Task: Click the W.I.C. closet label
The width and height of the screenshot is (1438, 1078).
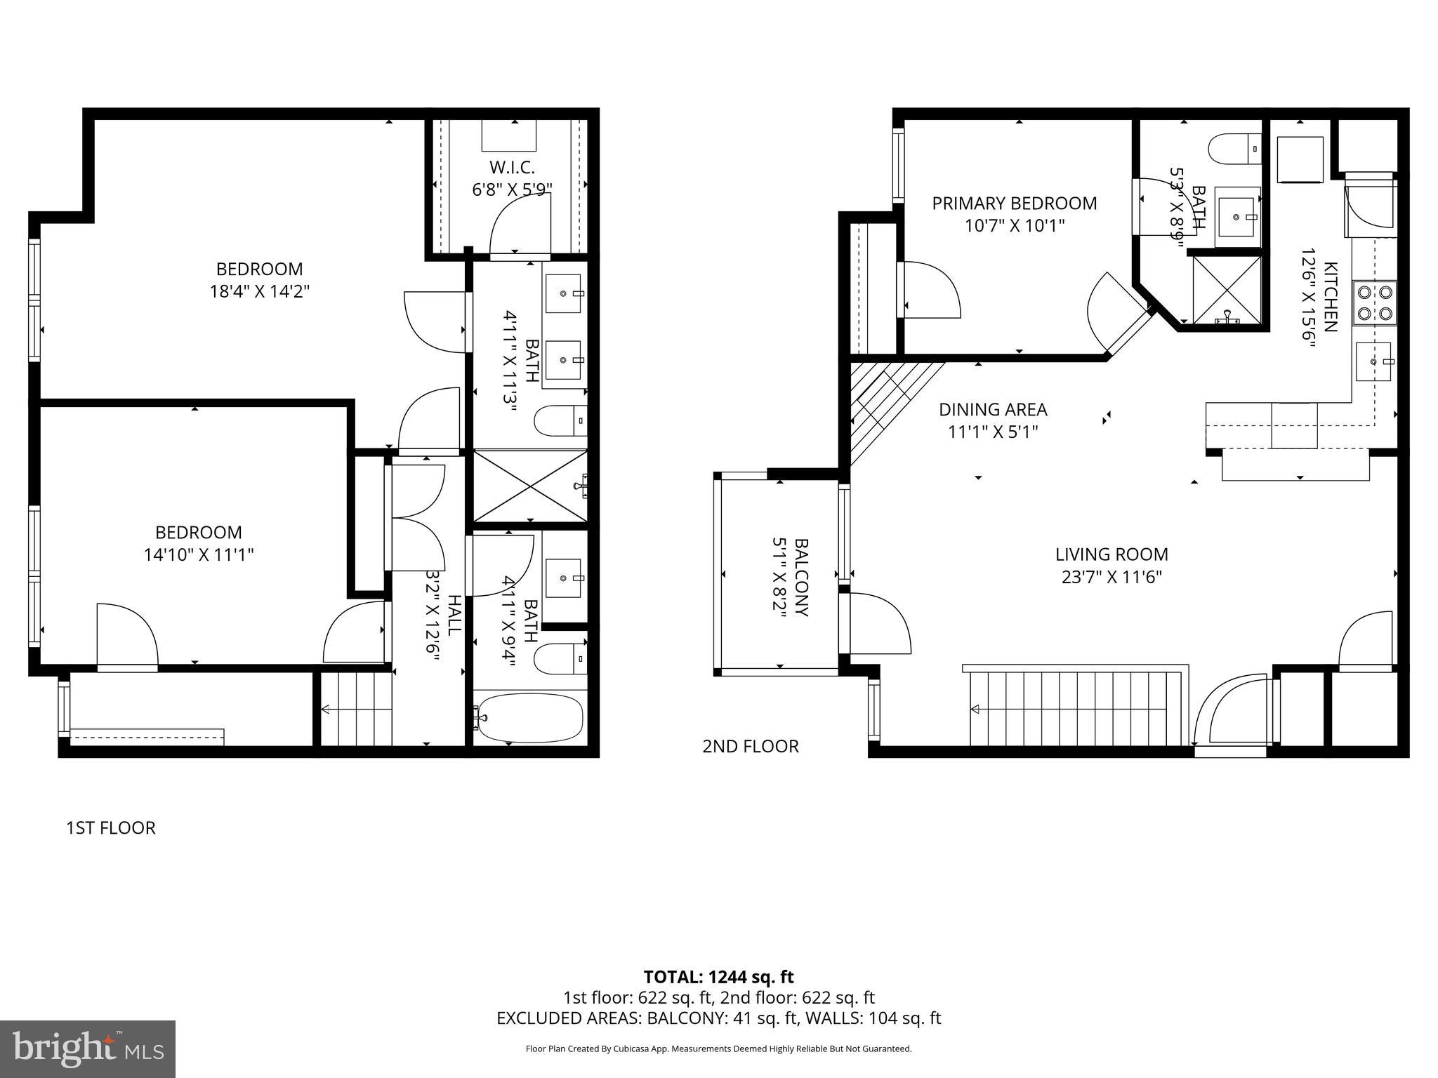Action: coord(512,168)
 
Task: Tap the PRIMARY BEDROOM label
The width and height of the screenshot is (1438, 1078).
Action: coord(1014,204)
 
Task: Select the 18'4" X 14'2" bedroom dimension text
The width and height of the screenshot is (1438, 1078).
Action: coord(259,291)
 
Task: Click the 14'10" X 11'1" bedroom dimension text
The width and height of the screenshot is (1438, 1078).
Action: coord(198,555)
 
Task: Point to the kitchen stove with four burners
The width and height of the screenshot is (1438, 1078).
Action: coord(1374,302)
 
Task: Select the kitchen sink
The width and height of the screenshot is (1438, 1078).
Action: coord(1373,361)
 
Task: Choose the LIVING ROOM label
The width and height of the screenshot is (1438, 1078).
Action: coord(1112,554)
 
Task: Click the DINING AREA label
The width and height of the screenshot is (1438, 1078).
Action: coord(993,409)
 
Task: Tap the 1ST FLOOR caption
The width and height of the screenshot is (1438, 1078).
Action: coord(111,828)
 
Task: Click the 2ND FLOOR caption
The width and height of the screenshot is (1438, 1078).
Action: coord(751,746)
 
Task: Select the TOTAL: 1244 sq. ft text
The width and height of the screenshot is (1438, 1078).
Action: coord(718,977)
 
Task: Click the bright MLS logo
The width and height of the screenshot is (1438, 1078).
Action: coord(88,1049)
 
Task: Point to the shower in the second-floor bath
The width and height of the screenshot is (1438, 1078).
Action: coord(1227,290)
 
